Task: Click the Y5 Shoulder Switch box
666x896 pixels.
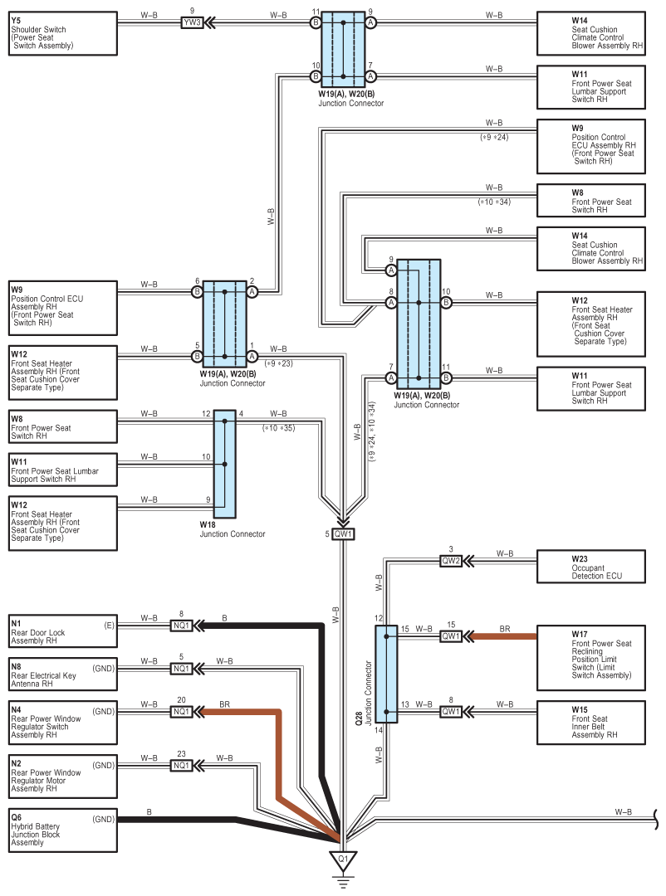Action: pos(62,34)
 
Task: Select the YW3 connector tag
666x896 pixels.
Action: pos(192,22)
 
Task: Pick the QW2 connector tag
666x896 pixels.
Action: pos(450,562)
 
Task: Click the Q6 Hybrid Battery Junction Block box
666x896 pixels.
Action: pos(62,830)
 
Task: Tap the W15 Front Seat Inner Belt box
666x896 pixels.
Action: pos(590,722)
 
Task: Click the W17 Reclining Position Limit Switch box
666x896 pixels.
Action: pos(590,657)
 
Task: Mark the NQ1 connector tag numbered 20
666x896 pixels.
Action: pos(182,712)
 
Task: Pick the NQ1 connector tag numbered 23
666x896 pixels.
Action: pos(182,765)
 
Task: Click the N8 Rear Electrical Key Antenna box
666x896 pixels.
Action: pos(62,675)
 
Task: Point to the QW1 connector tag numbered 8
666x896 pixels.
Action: pos(450,712)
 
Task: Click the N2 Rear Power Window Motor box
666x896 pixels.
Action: pos(62,773)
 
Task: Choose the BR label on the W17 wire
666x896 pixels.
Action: pos(505,630)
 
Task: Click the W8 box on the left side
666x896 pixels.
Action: pos(62,426)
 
